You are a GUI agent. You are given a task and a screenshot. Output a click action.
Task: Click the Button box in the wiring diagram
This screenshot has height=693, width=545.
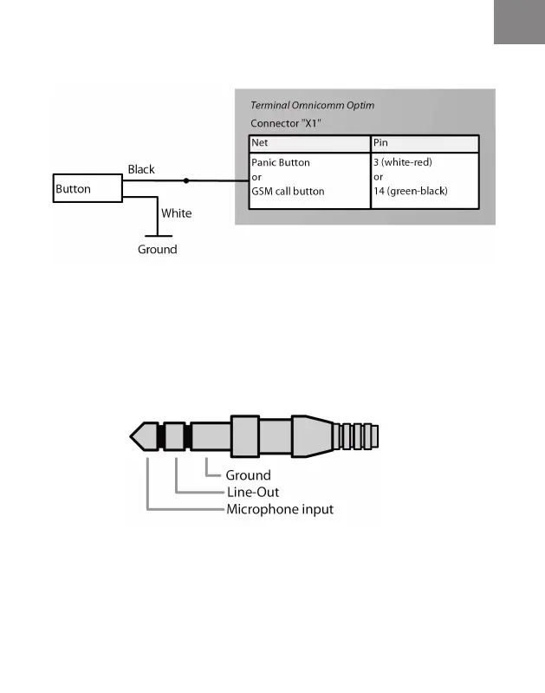[x=87, y=188]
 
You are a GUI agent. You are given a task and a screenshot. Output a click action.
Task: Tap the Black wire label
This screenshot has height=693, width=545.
[x=141, y=169]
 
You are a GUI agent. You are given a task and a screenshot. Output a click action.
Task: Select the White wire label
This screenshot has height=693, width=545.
[x=176, y=212]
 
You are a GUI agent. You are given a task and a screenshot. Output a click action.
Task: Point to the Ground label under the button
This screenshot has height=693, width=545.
[x=157, y=250]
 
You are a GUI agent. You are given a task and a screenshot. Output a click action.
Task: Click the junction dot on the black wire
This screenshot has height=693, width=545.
[x=185, y=181]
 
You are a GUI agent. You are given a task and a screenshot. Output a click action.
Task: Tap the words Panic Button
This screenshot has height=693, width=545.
[x=280, y=161]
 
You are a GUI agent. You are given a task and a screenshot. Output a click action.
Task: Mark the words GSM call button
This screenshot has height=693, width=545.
[x=287, y=191]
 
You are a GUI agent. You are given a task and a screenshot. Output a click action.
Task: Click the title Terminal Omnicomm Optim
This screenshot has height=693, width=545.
[x=312, y=105]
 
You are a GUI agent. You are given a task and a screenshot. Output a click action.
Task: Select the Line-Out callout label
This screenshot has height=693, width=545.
[x=252, y=492]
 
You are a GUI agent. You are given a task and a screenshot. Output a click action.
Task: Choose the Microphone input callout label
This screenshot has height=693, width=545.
[x=279, y=509]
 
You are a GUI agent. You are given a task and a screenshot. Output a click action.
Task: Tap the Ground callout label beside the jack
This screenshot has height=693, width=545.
[x=248, y=475]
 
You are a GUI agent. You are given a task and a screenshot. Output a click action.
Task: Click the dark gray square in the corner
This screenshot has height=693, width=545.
[x=519, y=22]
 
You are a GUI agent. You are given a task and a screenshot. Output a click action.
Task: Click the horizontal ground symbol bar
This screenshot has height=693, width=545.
[x=157, y=235]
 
